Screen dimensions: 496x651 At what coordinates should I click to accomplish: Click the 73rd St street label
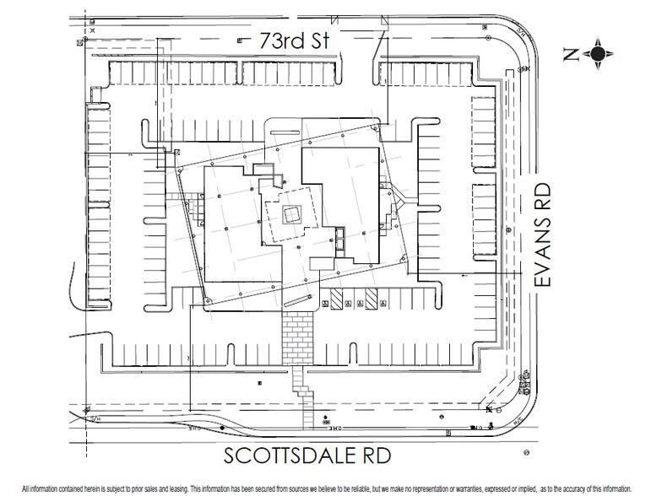pyautogui.click(x=287, y=38)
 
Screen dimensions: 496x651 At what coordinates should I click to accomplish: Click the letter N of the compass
pyautogui.click(x=571, y=55)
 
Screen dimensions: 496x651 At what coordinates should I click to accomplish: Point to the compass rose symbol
pyautogui.click(x=598, y=55)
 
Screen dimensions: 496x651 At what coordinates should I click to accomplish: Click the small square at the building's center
pyautogui.click(x=292, y=214)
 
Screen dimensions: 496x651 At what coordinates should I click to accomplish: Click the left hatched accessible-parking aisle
pyautogui.click(x=336, y=299)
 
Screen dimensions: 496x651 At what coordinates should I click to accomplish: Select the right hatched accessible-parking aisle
pyautogui.click(x=370, y=299)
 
